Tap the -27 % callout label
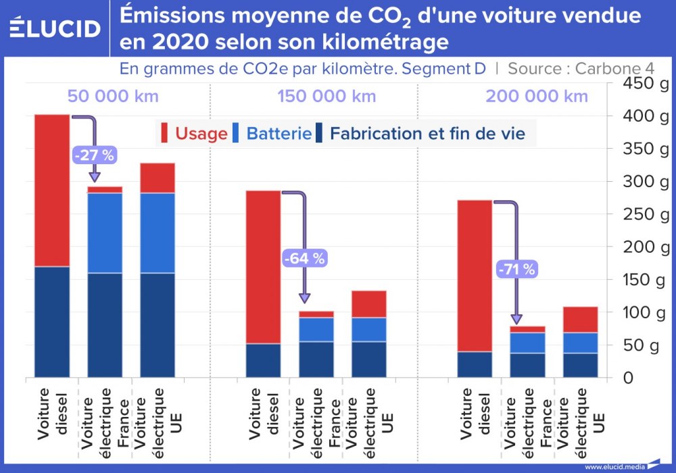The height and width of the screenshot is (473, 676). coord(95,155)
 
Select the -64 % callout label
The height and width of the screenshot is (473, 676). coord(304,257)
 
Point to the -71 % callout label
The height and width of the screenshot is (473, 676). coord(516,269)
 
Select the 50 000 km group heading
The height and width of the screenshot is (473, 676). coord(114,96)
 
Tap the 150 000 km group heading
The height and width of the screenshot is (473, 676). coord(327,96)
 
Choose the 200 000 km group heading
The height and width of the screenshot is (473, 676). coord(537,96)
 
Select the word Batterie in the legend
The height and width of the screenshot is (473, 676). coord(279,133)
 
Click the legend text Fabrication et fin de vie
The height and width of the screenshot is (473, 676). coord(427,133)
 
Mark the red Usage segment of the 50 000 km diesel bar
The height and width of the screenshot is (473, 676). coord(52,191)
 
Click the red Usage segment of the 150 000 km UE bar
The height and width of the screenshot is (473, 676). coord(368,304)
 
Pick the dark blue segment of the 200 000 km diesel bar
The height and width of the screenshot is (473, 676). coord(475,364)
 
